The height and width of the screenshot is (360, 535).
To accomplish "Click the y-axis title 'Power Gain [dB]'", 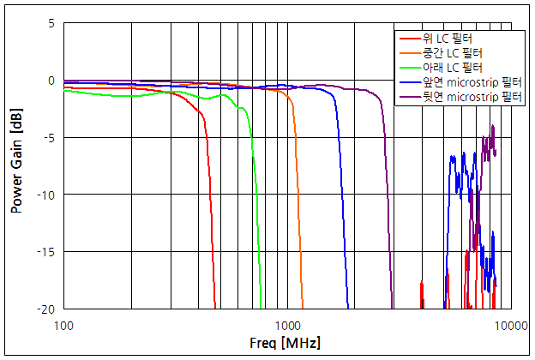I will (16, 165).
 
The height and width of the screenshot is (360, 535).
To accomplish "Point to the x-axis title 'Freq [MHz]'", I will (286, 344).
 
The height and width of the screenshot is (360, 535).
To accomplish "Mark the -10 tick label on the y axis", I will (46, 195).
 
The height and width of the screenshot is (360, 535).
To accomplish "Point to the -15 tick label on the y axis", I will (46, 251).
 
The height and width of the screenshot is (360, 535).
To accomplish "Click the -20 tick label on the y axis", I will (46, 309).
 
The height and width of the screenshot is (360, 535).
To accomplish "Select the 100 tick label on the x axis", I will (63, 324).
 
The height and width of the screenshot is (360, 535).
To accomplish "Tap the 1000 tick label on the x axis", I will (288, 324).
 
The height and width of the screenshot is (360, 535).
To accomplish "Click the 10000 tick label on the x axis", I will (512, 324).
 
